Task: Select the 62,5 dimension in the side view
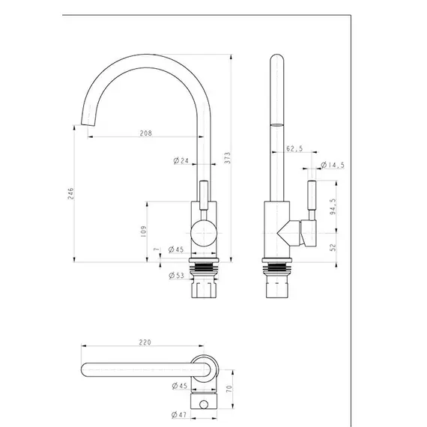pos(294,148)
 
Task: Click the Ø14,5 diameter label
pos(331,165)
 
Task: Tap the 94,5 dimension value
pos(332,205)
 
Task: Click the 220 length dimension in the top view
pos(145,342)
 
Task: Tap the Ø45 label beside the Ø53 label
pos(177,249)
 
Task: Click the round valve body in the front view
pos(202,234)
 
